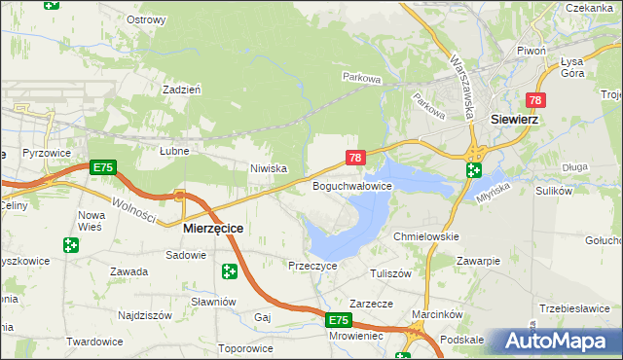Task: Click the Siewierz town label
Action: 516,120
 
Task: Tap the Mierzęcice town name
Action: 213,228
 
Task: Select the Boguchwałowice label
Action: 351,185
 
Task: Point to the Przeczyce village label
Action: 312,265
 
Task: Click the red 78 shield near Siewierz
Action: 535,100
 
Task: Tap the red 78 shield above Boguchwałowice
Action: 355,157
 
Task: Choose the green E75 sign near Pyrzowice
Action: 102,168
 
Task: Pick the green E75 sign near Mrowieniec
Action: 337,320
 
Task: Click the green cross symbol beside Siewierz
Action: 473,170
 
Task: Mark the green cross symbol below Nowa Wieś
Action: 70,245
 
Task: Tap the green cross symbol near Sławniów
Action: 229,270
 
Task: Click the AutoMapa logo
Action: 556,341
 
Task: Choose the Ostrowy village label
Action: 146,19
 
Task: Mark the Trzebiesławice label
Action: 573,308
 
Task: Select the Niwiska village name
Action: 268,168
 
